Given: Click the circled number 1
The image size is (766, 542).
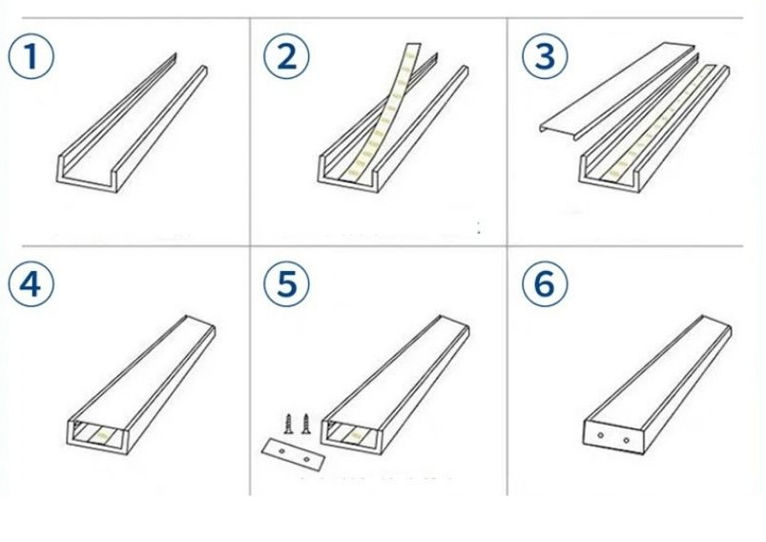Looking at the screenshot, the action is pyautogui.click(x=31, y=55).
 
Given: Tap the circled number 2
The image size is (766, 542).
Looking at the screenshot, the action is pyautogui.click(x=286, y=55).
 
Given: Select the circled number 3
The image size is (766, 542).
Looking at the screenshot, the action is pyautogui.click(x=545, y=55).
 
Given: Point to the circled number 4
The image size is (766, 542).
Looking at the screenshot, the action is pyautogui.click(x=31, y=284).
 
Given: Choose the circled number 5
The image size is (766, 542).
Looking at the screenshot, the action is pyautogui.click(x=286, y=284).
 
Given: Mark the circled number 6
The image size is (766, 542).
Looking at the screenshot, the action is pyautogui.click(x=545, y=284).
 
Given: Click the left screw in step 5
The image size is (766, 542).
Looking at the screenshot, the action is pyautogui.click(x=288, y=424).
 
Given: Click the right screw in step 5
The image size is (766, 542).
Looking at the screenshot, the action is pyautogui.click(x=306, y=424).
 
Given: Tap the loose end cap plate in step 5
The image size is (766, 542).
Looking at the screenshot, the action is pyautogui.click(x=293, y=454).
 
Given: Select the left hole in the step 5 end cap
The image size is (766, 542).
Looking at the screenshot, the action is pyautogui.click(x=281, y=451).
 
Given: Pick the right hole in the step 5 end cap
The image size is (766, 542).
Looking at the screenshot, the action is pyautogui.click(x=306, y=459).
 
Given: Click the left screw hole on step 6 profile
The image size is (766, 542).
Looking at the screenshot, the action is pyautogui.click(x=600, y=435).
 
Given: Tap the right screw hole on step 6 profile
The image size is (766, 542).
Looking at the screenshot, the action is pyautogui.click(x=627, y=440).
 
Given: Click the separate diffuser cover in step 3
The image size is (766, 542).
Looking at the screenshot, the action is pyautogui.click(x=617, y=90).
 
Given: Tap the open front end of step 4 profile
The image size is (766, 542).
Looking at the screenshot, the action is pyautogui.click(x=97, y=436).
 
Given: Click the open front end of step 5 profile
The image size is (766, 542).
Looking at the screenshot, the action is pyautogui.click(x=352, y=436).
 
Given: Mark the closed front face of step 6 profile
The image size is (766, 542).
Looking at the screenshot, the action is pyautogui.click(x=614, y=437).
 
